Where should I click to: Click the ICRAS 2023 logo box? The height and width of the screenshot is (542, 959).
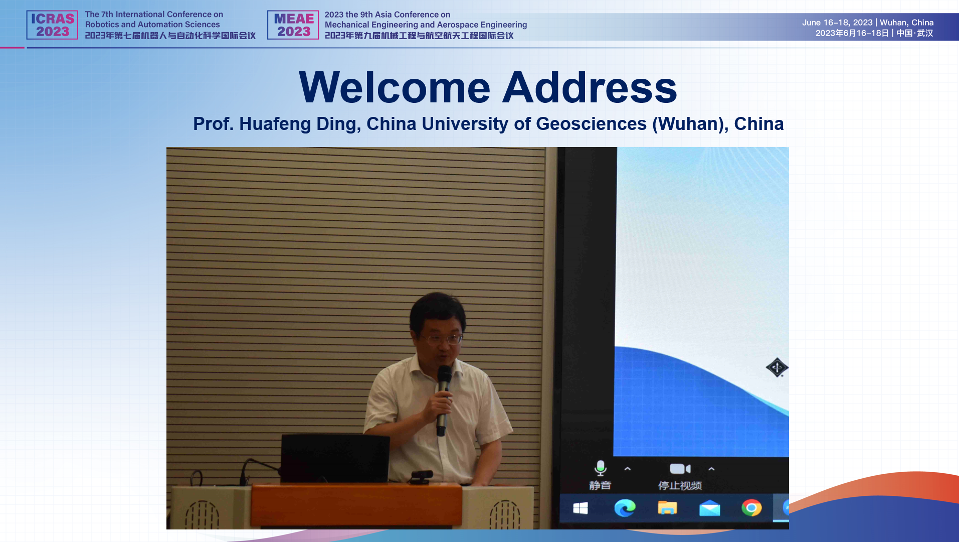click(52, 25)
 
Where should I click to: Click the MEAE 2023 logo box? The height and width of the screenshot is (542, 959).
click(293, 25)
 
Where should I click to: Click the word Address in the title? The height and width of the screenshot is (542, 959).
click(590, 87)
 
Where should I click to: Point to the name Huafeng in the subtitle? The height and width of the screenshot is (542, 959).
click(275, 124)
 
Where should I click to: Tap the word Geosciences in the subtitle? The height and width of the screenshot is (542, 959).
click(591, 123)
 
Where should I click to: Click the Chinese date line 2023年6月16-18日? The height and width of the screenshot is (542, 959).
click(852, 33)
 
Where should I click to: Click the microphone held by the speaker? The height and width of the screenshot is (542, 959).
click(443, 399)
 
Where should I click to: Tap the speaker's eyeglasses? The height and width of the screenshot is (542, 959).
click(441, 339)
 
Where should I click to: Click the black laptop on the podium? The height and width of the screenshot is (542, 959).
click(335, 459)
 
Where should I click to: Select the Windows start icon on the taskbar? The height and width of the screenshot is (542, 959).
click(581, 508)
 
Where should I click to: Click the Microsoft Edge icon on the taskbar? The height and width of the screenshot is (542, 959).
click(625, 508)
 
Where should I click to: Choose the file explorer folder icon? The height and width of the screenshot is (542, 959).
click(667, 508)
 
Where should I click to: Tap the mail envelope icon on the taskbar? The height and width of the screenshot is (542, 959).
click(710, 508)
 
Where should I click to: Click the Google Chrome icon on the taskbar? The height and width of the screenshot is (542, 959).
click(751, 508)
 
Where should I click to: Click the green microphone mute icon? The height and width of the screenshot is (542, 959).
click(600, 468)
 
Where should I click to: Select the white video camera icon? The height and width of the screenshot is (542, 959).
click(680, 469)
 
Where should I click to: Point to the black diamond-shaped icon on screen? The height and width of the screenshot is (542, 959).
click(777, 367)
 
